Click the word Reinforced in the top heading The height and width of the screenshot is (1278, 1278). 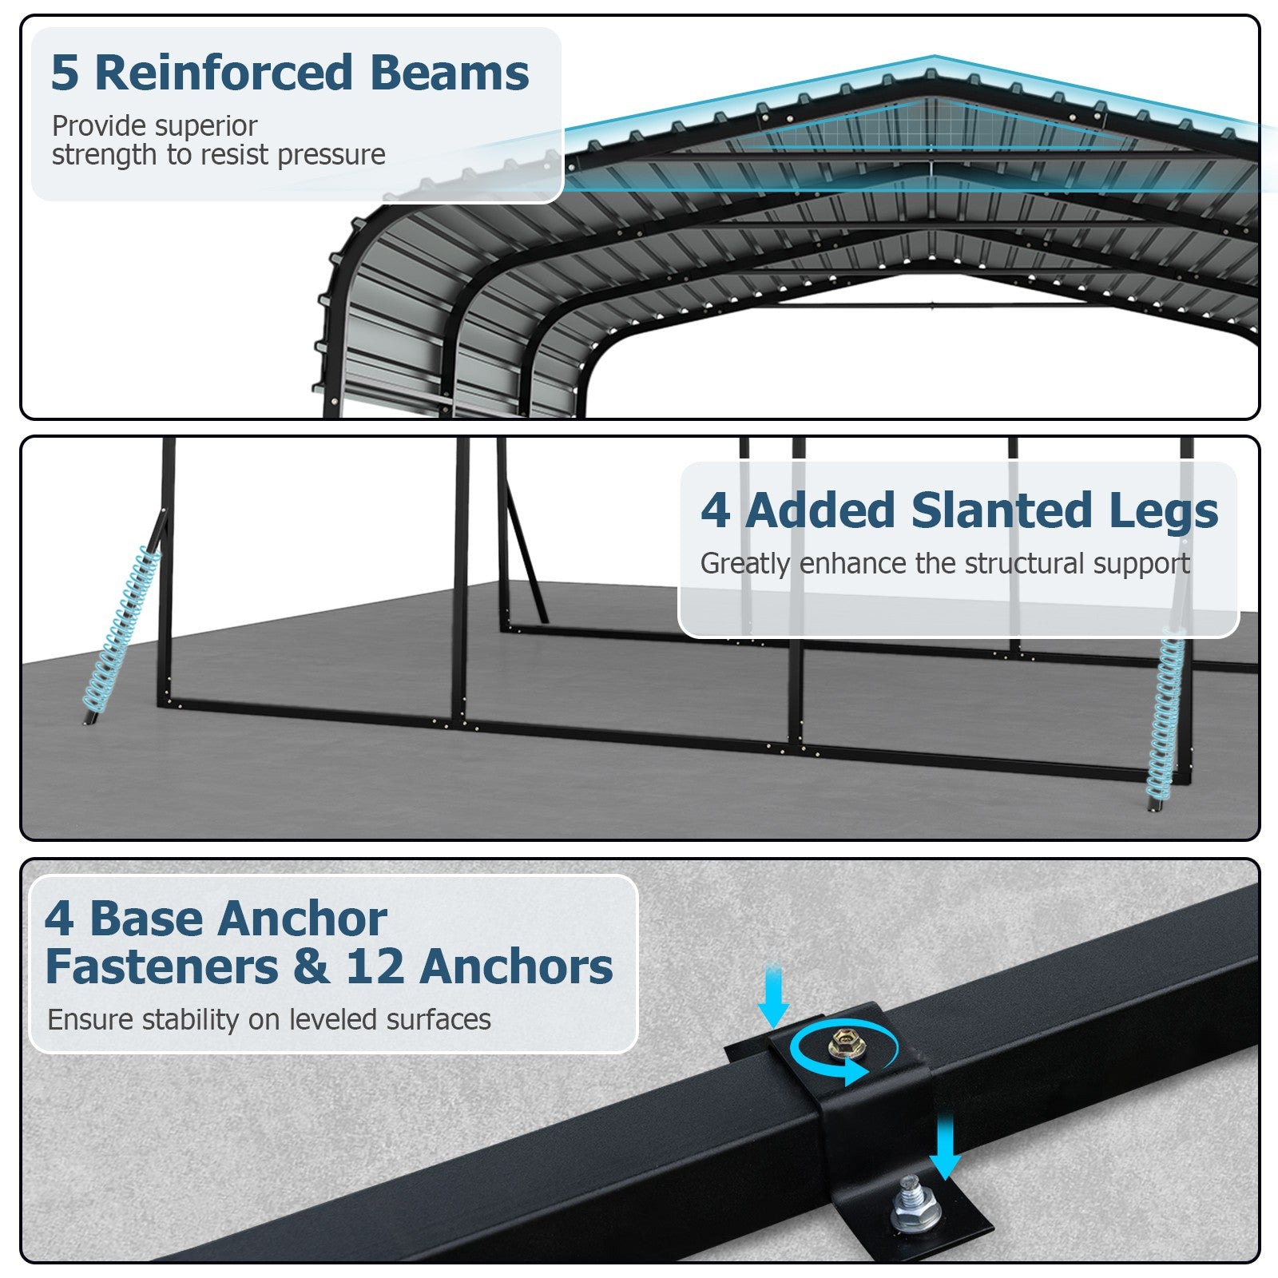tap(224, 73)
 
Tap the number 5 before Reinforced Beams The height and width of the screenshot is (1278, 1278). tap(65, 73)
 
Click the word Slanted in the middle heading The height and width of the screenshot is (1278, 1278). tap(1002, 510)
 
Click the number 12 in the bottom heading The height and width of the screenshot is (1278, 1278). tap(375, 966)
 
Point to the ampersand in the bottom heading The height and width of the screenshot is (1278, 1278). tap(311, 966)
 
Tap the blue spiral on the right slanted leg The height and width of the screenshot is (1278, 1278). tap(1165, 715)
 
